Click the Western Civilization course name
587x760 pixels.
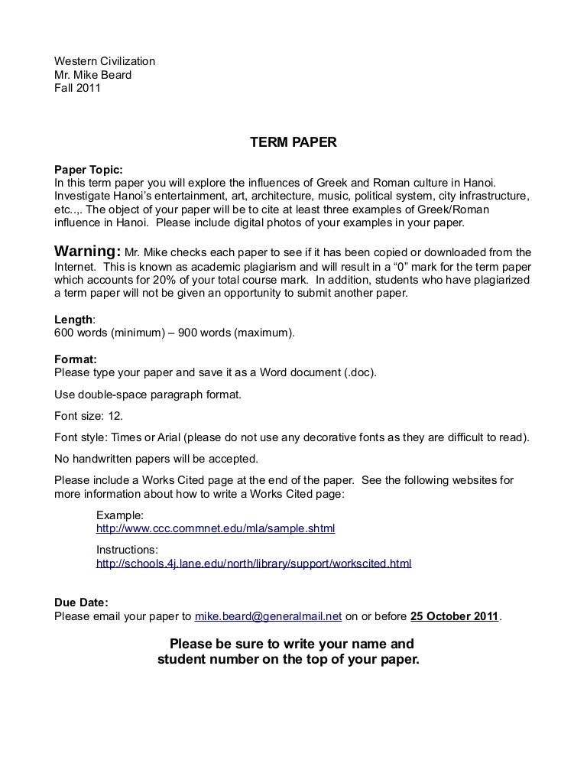click(x=105, y=60)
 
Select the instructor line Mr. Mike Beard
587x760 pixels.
click(x=92, y=74)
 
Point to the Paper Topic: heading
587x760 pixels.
click(x=88, y=170)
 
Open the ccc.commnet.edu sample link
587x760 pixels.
click(x=216, y=528)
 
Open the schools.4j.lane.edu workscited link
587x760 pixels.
click(x=254, y=564)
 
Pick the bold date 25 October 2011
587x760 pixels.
click(x=454, y=615)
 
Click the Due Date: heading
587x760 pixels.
click(x=81, y=602)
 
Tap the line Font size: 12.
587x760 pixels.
click(x=89, y=417)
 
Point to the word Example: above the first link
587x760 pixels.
click(x=120, y=515)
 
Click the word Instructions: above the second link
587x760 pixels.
click(x=127, y=550)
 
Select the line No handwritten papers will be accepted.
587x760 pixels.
click(x=157, y=459)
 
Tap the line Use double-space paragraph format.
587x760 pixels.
click(x=148, y=395)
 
